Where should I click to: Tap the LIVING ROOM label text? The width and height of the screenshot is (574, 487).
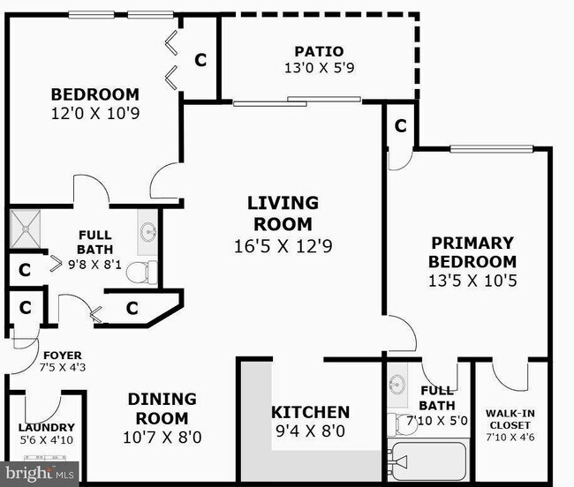click(x=283, y=214)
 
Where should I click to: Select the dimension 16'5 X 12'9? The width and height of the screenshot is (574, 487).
click(x=283, y=246)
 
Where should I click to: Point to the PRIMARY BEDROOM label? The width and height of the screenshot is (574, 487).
click(x=472, y=252)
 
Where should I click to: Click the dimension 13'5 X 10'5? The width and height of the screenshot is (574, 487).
click(x=472, y=281)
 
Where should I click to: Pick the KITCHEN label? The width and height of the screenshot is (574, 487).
click(x=310, y=412)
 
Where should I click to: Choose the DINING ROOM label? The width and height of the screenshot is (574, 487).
click(x=162, y=408)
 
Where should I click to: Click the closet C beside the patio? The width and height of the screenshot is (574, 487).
click(x=201, y=60)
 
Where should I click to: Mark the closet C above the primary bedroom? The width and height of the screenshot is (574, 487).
click(x=400, y=126)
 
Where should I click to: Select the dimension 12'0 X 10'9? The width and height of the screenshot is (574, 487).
click(x=94, y=113)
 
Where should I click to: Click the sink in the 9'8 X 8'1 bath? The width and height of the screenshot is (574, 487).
click(x=147, y=232)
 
